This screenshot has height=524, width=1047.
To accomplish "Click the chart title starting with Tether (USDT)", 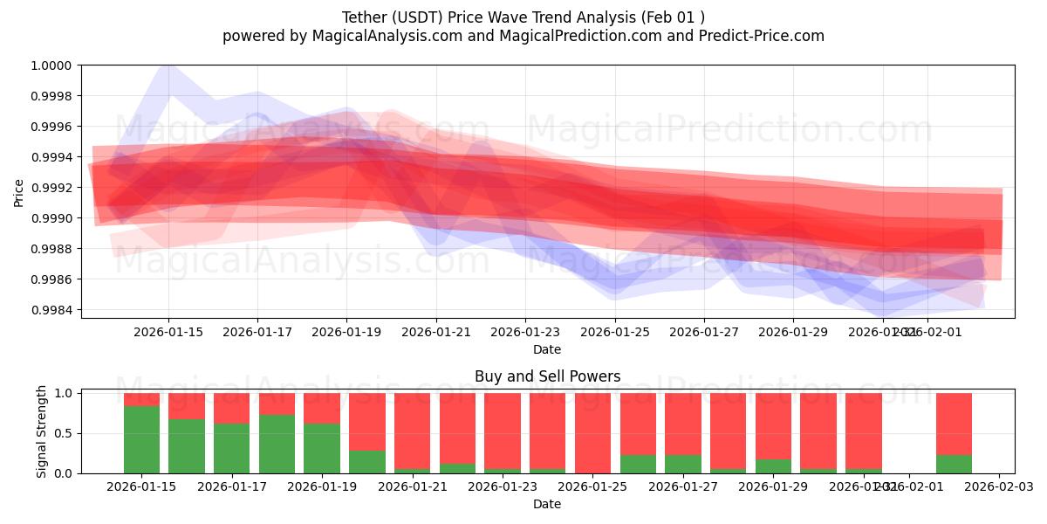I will pyautogui.click(x=523, y=17).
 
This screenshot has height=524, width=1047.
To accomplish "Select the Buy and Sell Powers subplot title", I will pyautogui.click(x=547, y=377).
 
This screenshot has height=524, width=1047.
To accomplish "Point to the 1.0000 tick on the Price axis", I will pyautogui.click(x=53, y=65).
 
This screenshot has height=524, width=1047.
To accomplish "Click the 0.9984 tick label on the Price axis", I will pyautogui.click(x=53, y=310).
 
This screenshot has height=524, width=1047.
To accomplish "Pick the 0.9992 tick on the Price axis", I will pyautogui.click(x=53, y=188).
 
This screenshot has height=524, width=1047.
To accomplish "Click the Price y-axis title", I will pyautogui.click(x=19, y=192).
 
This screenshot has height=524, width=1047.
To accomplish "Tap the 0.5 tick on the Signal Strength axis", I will pyautogui.click(x=65, y=433).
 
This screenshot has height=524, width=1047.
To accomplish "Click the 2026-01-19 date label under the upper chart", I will pyautogui.click(x=346, y=333).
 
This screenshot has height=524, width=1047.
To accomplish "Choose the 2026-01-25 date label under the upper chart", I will pyautogui.click(x=615, y=333).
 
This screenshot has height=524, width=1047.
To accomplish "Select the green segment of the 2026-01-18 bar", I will pyautogui.click(x=277, y=444).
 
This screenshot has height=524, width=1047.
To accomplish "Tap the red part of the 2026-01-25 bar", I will pyautogui.click(x=592, y=432).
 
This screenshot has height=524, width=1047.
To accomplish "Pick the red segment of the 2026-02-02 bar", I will pyautogui.click(x=954, y=424).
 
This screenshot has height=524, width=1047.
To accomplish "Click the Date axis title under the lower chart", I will pyautogui.click(x=547, y=504).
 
